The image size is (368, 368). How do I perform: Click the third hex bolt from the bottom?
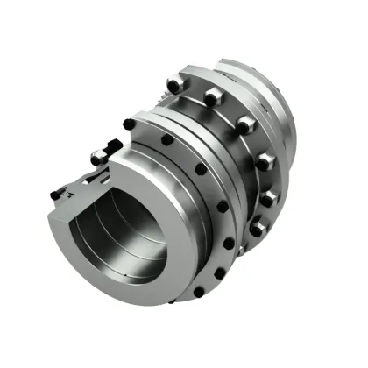pyautogui.click(x=263, y=160)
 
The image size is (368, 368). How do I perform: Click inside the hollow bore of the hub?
pyautogui.click(x=123, y=237)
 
